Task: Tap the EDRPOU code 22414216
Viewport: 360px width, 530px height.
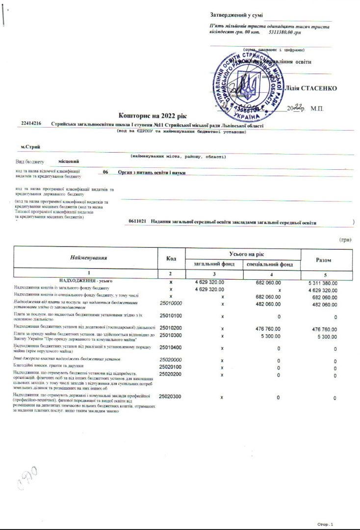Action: click(31, 125)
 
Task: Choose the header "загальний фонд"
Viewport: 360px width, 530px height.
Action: click(214, 264)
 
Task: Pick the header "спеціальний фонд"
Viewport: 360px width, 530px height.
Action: click(271, 264)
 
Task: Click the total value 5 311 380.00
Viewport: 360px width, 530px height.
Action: click(323, 283)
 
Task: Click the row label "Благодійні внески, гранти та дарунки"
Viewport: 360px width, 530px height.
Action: click(48, 366)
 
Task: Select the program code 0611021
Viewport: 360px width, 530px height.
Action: click(137, 222)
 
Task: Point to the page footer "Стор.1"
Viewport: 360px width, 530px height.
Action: click(325, 524)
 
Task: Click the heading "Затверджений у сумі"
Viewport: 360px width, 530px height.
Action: click(236, 15)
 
